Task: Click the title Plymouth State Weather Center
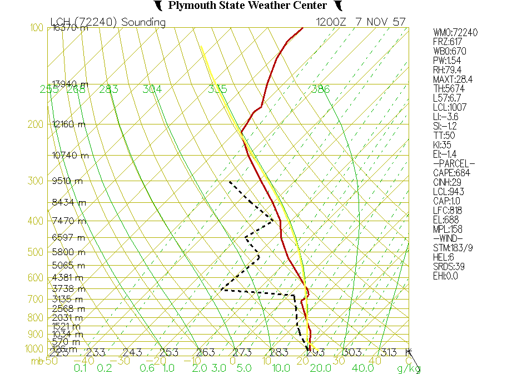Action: click(247, 6)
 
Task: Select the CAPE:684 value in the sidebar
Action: click(452, 173)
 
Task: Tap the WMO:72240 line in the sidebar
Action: click(455, 33)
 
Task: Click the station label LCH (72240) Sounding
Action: click(108, 22)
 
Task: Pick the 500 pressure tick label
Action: click(36, 252)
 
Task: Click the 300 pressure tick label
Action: click(36, 181)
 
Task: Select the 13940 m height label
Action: click(69, 84)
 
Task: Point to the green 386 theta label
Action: click(320, 89)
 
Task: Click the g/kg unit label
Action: click(408, 368)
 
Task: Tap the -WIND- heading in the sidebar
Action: click(448, 238)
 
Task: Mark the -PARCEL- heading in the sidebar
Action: click(454, 163)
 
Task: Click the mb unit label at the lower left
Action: click(37, 361)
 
